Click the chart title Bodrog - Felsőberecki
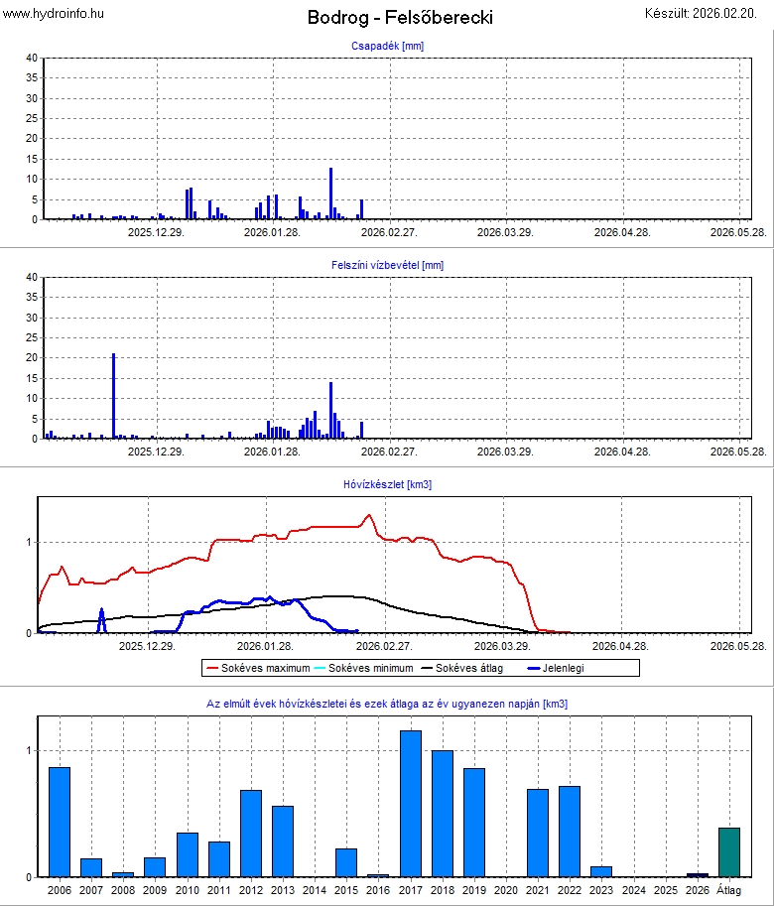point(400,17)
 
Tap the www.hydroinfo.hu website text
point(54,13)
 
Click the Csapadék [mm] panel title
point(387,46)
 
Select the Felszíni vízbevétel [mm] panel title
point(387,265)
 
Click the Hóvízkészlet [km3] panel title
point(387,484)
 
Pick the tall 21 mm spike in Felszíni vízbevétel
point(114,397)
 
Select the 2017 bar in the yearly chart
point(411,804)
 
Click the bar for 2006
point(60,822)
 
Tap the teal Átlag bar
point(729,852)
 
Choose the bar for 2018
point(443,814)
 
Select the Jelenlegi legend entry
point(562,668)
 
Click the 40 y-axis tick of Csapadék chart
point(32,59)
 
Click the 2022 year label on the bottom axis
point(570,891)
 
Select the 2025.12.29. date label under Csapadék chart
point(155,231)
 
